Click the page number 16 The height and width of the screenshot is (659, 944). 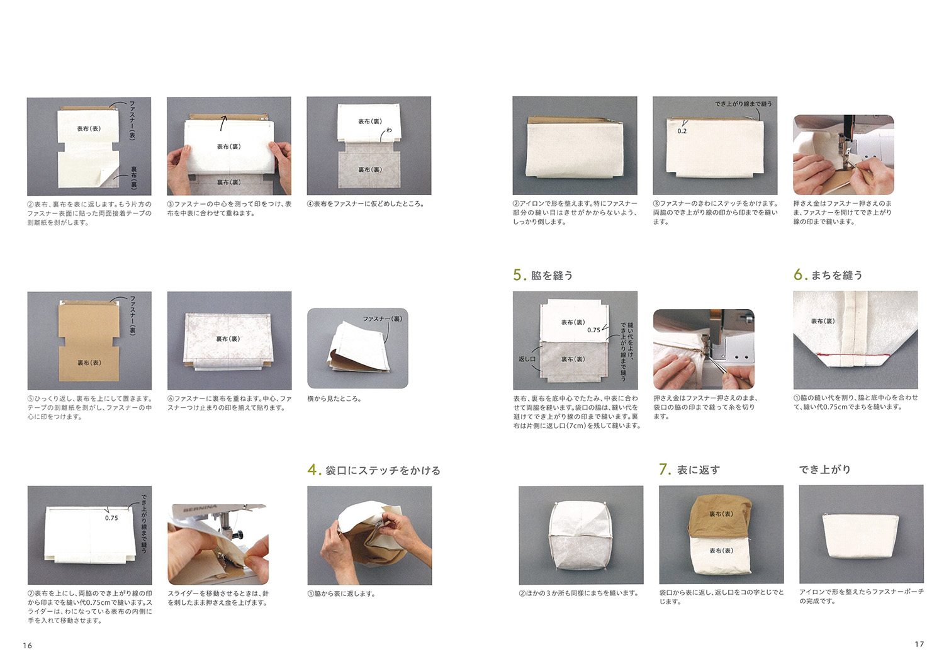[x=28, y=646]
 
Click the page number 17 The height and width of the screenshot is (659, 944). [x=919, y=645]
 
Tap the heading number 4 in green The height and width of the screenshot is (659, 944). [x=312, y=470]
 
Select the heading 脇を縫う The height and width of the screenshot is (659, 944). [x=552, y=276]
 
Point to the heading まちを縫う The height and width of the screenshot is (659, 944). [x=837, y=275]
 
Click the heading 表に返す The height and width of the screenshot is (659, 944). [x=699, y=470]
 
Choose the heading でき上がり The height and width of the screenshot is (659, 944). [x=825, y=469]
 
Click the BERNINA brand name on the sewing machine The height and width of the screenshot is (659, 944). [x=200, y=509]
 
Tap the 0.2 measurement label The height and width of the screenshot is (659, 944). [x=682, y=131]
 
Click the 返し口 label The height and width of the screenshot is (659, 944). [x=527, y=359]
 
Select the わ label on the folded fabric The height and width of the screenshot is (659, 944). [x=389, y=130]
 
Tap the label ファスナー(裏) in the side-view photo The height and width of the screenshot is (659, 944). [x=382, y=319]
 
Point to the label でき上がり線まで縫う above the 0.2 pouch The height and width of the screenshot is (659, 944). [x=743, y=104]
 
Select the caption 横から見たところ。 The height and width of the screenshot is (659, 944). [x=334, y=398]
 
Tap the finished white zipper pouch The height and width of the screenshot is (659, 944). [x=860, y=535]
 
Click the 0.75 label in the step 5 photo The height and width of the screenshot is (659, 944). [x=593, y=330]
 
